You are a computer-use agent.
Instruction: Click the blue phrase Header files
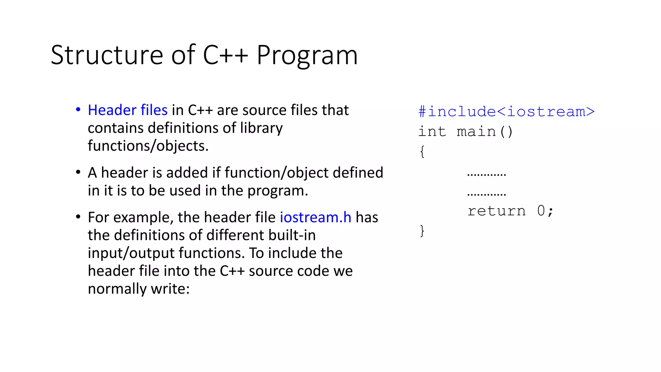(127, 110)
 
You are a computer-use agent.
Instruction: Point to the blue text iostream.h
(315, 217)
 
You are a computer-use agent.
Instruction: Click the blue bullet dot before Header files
(78, 110)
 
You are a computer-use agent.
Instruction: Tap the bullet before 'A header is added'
(78, 172)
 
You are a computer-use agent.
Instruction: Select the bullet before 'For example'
(78, 217)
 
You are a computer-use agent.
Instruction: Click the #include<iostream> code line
(506, 112)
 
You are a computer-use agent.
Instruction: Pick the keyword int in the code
(432, 132)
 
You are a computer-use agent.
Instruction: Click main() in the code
(484, 132)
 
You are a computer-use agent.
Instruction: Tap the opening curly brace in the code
(422, 151)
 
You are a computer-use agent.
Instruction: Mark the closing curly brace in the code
(422, 231)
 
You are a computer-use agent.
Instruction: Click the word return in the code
(496, 211)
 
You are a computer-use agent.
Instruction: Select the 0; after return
(545, 211)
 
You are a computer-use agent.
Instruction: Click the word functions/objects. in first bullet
(148, 146)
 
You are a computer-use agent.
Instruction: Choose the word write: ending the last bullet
(170, 289)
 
